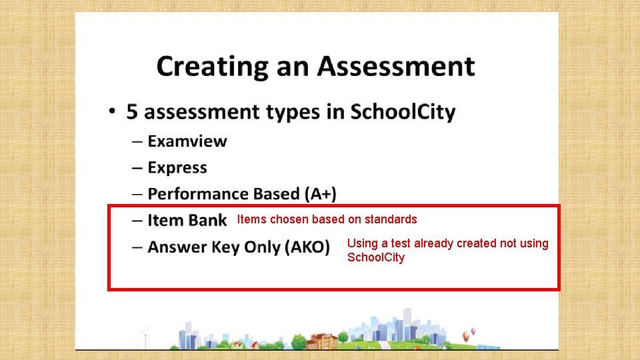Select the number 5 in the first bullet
[x=133, y=111]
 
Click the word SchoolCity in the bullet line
[x=403, y=111]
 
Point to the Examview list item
[x=187, y=141]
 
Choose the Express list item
[x=177, y=167]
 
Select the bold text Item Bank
[x=187, y=220]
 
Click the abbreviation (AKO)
[x=307, y=247]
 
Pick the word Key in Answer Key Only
[x=227, y=247]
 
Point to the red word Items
[x=250, y=219]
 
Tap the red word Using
[x=362, y=243]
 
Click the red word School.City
[x=376, y=257]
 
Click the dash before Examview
[x=137, y=141]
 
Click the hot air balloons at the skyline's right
[x=472, y=331]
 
